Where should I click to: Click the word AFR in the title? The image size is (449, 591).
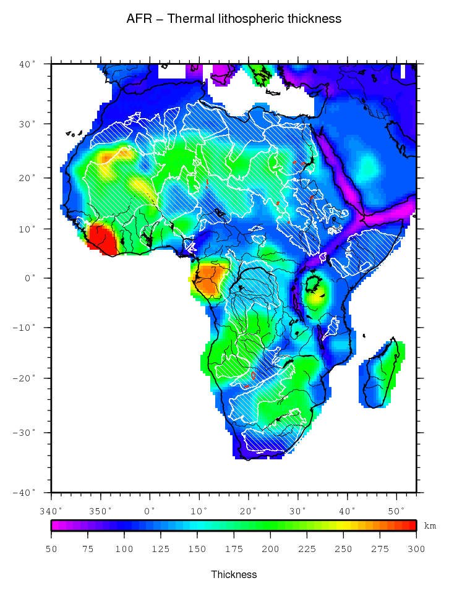137,19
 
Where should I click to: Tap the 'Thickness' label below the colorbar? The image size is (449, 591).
234,574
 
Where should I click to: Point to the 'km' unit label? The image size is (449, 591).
430,526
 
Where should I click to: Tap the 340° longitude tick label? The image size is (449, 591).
51,511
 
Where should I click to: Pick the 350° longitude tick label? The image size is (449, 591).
101,511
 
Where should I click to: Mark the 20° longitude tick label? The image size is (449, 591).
249,511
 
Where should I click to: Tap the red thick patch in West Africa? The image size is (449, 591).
102,240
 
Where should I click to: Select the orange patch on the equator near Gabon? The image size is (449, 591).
209,278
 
